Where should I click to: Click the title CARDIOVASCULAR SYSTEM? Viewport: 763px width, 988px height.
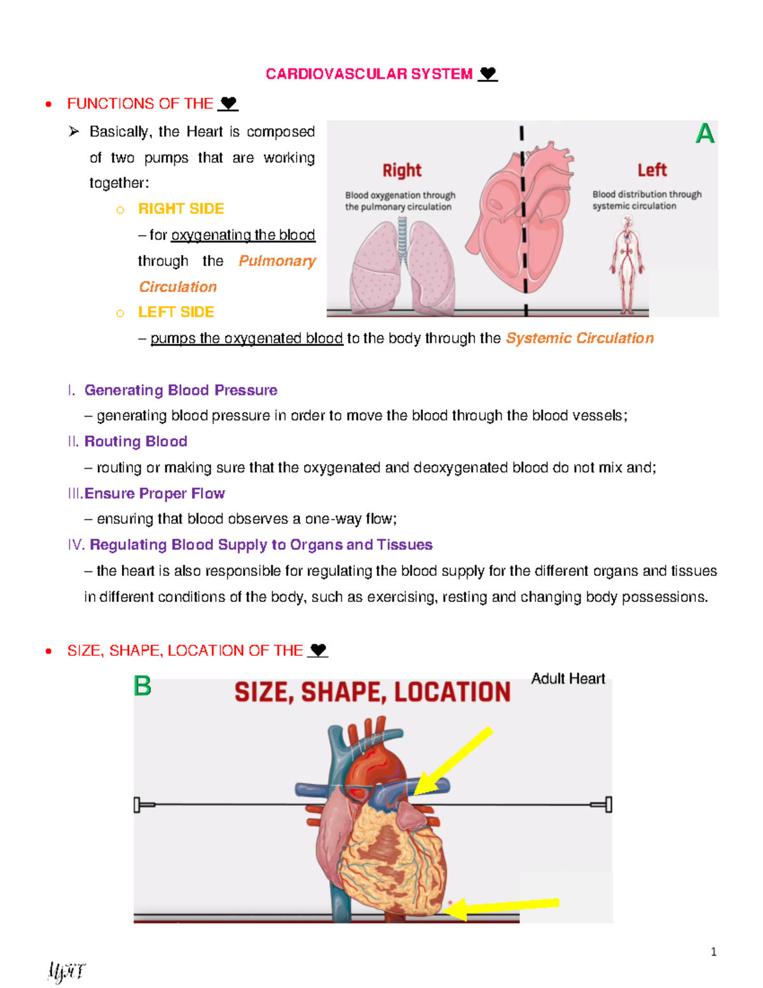pos(369,74)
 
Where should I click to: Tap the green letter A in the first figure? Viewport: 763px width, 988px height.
pos(705,134)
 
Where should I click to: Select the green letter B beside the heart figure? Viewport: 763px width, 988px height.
pos(142,686)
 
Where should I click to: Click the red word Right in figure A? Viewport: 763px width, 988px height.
pos(402,170)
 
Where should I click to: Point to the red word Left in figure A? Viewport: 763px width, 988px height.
pos(652,170)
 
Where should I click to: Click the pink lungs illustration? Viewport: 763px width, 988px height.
pos(402,267)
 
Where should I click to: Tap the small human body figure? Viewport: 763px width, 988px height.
pos(628,264)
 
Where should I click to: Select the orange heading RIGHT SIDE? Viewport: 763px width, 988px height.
pos(181,209)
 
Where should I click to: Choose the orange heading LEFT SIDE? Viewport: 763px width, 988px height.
pos(176,312)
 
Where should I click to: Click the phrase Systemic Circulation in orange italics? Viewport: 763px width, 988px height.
pos(579,338)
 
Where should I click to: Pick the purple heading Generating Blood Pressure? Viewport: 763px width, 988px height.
pos(181,390)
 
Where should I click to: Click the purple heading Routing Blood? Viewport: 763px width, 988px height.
pos(135,442)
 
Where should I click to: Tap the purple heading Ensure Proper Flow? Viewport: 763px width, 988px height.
pos(155,494)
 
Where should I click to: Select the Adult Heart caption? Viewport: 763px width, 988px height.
pos(568,679)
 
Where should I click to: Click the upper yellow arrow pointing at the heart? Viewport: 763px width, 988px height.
pos(453,762)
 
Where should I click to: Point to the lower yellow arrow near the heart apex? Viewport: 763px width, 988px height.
pos(502,906)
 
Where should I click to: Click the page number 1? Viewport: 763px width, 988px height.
pos(713,952)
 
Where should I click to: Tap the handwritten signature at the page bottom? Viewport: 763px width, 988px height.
pos(65,972)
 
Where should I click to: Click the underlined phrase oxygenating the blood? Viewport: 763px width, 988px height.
pos(243,235)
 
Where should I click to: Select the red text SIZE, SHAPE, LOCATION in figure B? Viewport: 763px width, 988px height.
pos(373,692)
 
